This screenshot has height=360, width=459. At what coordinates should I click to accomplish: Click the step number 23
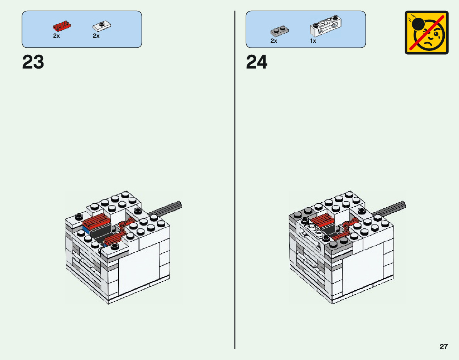[33, 62]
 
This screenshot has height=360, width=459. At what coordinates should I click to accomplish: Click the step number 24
[257, 62]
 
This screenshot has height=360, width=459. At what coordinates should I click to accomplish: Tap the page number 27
[444, 347]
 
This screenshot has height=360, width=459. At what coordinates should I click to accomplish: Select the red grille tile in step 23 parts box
[62, 26]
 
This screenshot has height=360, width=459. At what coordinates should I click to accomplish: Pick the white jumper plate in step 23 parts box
[102, 26]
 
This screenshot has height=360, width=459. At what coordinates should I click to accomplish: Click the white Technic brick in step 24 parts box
[326, 26]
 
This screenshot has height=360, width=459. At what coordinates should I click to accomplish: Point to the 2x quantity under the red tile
[57, 36]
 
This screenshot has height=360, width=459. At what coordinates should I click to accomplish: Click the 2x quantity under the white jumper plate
[96, 36]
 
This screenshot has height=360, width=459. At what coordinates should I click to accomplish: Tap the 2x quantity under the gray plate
[274, 41]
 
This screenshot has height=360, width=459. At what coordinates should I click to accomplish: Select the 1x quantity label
[313, 41]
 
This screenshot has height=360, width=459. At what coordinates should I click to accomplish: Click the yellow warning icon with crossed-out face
[427, 32]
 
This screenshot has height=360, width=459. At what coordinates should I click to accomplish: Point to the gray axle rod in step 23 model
[165, 208]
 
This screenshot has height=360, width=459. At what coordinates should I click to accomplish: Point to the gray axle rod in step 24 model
[389, 208]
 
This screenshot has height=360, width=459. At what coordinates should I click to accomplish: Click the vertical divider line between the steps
[235, 180]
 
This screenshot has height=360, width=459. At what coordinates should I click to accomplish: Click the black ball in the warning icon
[418, 24]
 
